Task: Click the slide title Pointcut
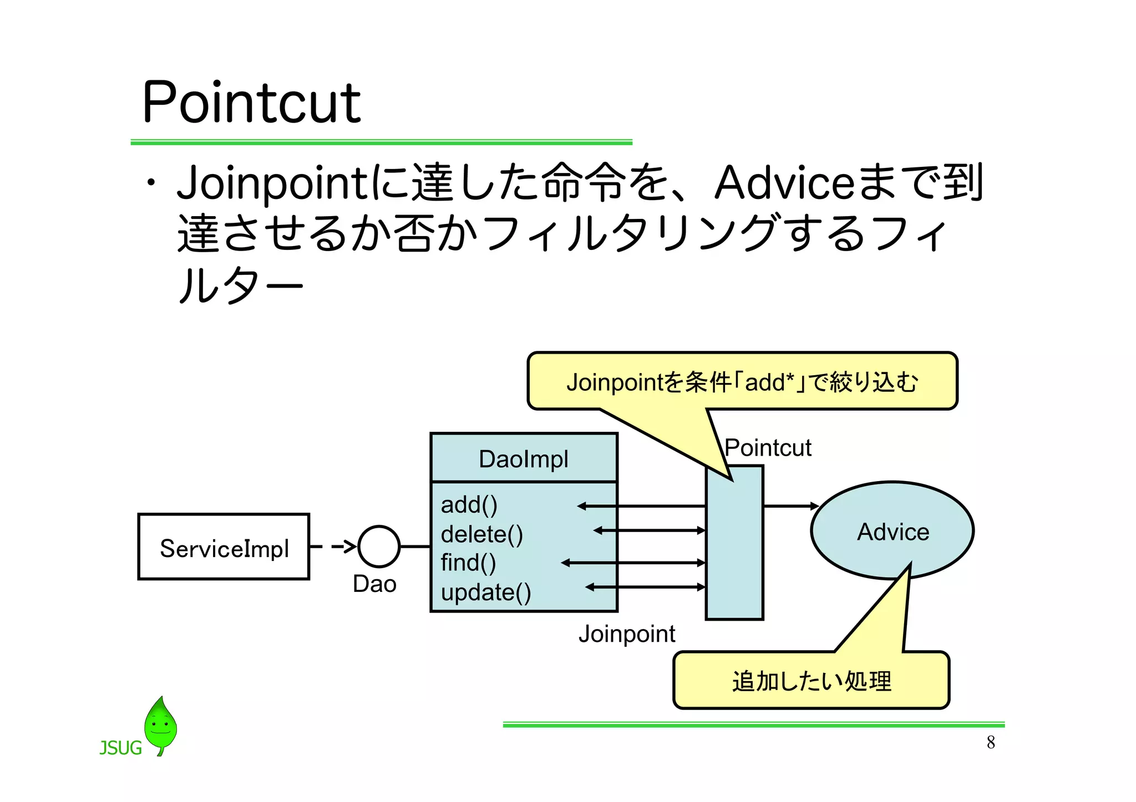(x=251, y=103)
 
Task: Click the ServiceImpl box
(x=224, y=547)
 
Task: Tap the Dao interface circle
(x=379, y=546)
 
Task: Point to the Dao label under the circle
(x=374, y=584)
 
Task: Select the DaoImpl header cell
(x=524, y=459)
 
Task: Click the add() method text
(x=469, y=505)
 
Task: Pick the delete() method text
(x=481, y=534)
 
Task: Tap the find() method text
(x=468, y=563)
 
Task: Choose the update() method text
(x=486, y=592)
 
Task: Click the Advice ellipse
(x=892, y=531)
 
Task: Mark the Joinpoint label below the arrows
(x=627, y=634)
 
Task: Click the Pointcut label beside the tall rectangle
(x=768, y=448)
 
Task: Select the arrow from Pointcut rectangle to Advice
(x=790, y=506)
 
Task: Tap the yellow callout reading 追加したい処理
(x=811, y=681)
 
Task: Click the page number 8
(x=991, y=743)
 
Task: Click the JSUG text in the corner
(x=120, y=748)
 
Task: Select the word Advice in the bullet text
(x=784, y=183)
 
